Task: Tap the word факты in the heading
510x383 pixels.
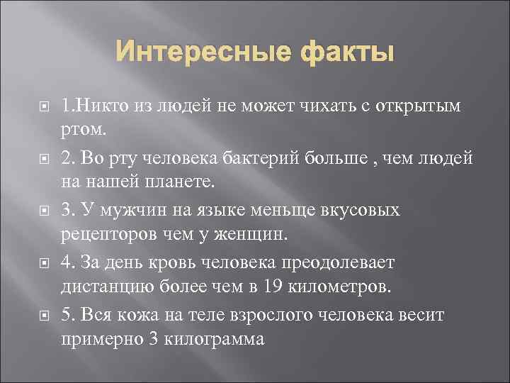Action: pos(339,53)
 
